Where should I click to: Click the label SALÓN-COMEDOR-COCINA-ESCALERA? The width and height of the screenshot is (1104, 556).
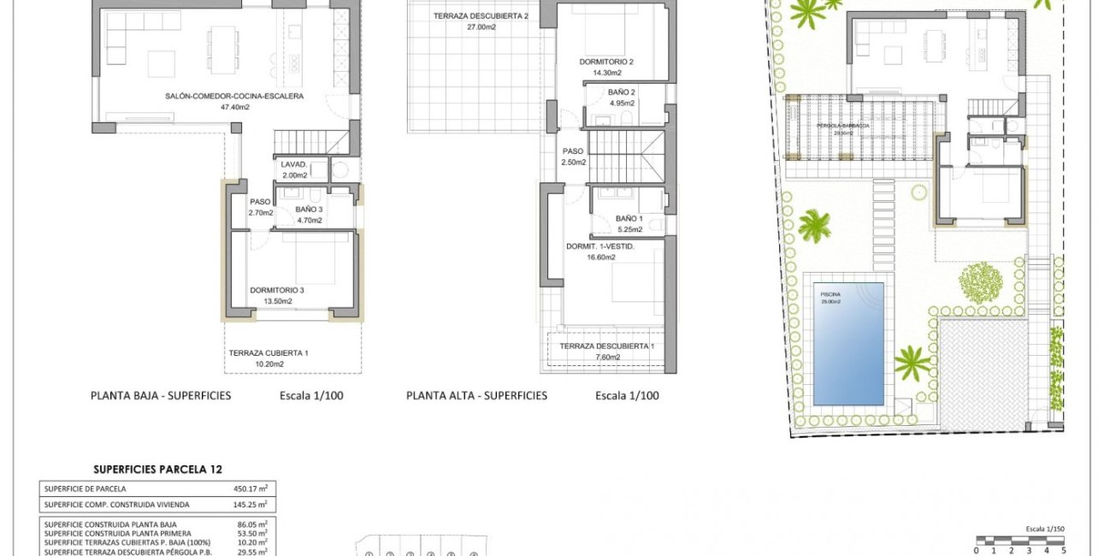coord(222,97)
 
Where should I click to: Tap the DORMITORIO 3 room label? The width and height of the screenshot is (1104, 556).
coord(277,290)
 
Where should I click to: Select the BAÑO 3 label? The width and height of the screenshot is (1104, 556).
coord(310,209)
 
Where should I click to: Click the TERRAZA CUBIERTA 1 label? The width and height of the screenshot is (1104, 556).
coord(269,352)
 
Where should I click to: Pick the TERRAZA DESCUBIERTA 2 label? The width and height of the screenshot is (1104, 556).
coord(481,16)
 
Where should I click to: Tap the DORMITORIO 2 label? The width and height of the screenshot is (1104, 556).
coord(606,62)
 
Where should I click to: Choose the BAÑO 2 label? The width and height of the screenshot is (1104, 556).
coord(622,92)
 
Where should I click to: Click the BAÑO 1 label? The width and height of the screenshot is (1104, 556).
coord(628,218)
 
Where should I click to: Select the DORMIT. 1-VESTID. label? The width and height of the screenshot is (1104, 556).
coord(600,246)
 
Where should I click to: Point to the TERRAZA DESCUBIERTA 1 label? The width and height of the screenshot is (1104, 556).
coord(606,346)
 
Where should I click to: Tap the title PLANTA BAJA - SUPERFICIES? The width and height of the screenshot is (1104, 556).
coord(161,396)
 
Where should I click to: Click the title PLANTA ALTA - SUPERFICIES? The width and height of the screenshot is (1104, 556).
coord(476,396)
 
